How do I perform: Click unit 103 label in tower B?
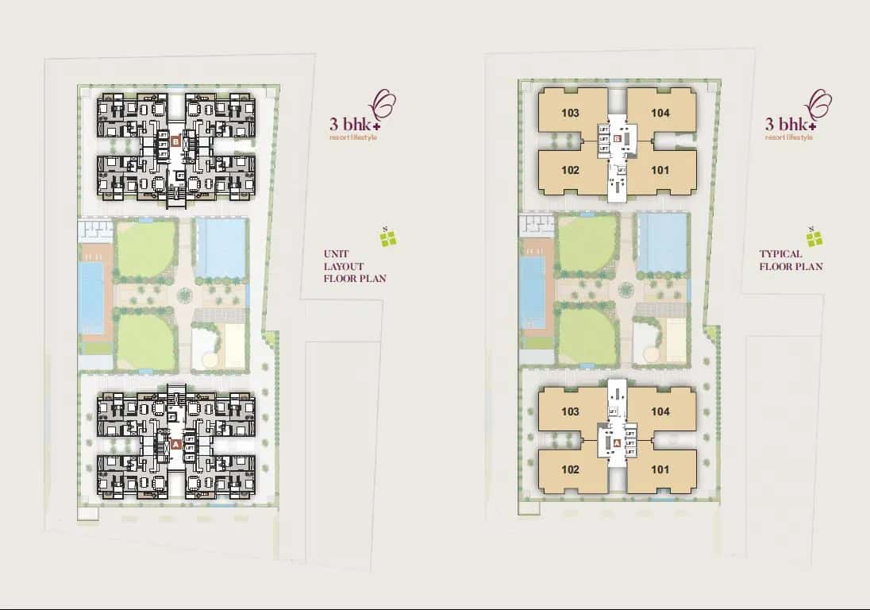(569, 113)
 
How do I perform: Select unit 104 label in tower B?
(660, 113)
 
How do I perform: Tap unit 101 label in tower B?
(660, 170)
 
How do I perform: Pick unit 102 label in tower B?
(569, 170)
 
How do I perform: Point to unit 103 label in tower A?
(569, 411)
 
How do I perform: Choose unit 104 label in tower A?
(660, 411)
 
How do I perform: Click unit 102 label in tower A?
(569, 469)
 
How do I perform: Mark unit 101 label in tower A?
(660, 469)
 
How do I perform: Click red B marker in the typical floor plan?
(617, 143)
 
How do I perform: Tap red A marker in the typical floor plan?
(617, 442)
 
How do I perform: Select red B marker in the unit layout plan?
(175, 142)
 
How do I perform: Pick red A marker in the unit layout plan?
(175, 444)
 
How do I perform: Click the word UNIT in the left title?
(336, 254)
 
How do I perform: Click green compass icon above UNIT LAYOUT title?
(387, 237)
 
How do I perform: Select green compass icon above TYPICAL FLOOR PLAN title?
(814, 237)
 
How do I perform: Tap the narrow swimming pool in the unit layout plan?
(91, 298)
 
